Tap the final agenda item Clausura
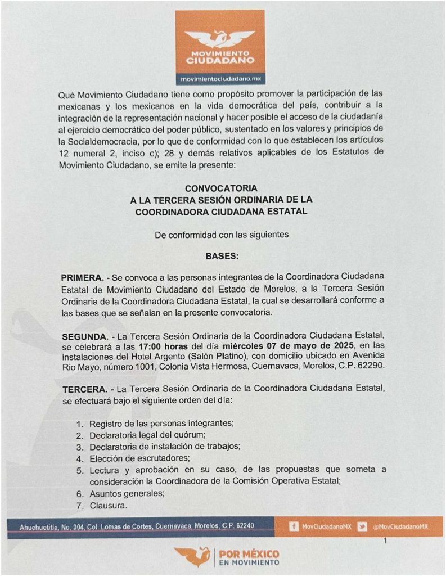(108, 506)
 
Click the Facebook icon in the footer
(293, 526)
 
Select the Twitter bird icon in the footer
(362, 526)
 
